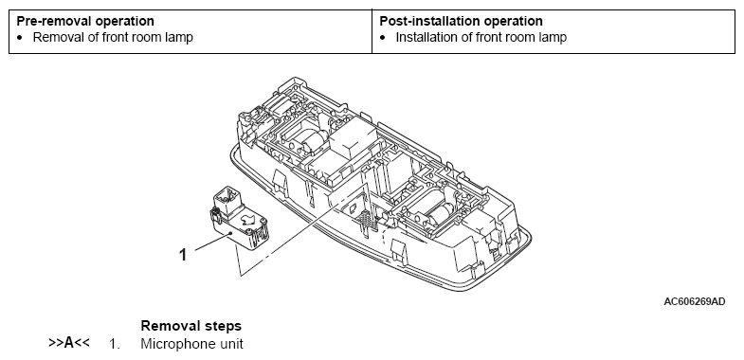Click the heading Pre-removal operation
coord(85,22)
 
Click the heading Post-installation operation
coord(462,22)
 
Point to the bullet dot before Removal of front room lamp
coord(20,38)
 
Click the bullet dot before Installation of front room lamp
coord(383,38)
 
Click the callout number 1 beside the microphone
coord(183,255)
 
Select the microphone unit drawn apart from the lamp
coord(239,217)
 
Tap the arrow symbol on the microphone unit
coord(247,218)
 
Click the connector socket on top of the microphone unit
coord(228,199)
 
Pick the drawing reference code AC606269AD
coord(694,301)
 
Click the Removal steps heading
coord(191,326)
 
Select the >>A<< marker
coord(69,342)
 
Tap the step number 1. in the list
coord(115,344)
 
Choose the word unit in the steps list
coord(231,344)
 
